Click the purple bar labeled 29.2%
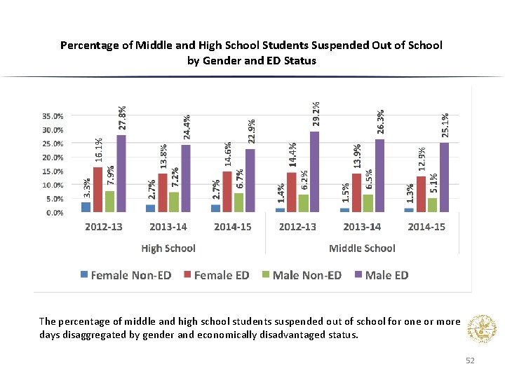click(x=314, y=171)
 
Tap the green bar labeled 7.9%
click(x=109, y=201)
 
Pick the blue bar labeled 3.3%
click(x=86, y=206)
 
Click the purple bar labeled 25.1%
click(x=444, y=177)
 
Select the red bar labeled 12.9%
click(x=421, y=194)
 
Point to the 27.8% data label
click(x=122, y=117)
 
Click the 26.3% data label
click(x=380, y=121)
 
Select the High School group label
click(x=168, y=248)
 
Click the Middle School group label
click(x=362, y=248)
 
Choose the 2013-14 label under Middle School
click(x=362, y=227)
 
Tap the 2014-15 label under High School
click(x=233, y=227)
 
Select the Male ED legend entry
click(x=381, y=275)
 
